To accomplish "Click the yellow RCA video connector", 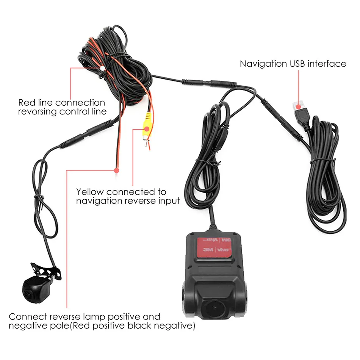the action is click(x=147, y=128).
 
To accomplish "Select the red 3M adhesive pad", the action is click(x=214, y=247).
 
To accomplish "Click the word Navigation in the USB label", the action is click(x=263, y=64).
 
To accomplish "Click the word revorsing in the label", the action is click(x=38, y=112).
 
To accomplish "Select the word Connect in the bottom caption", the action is click(x=28, y=317).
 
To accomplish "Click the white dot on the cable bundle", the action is click(x=102, y=68).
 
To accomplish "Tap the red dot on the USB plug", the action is click(x=298, y=107).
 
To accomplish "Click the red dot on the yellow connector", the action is click(x=147, y=129).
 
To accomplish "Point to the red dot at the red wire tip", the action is click(x=116, y=171).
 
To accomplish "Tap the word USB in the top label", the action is click(x=297, y=64).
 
